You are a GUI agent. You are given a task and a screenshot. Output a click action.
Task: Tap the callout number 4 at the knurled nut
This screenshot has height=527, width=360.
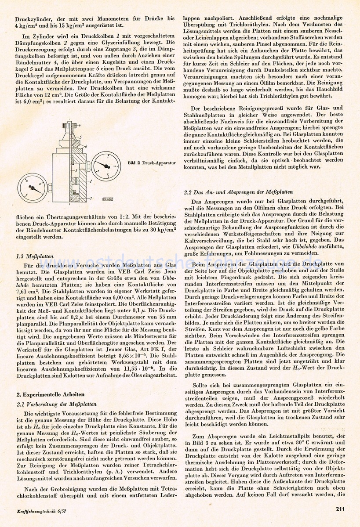pyautogui.click(x=79, y=126)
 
